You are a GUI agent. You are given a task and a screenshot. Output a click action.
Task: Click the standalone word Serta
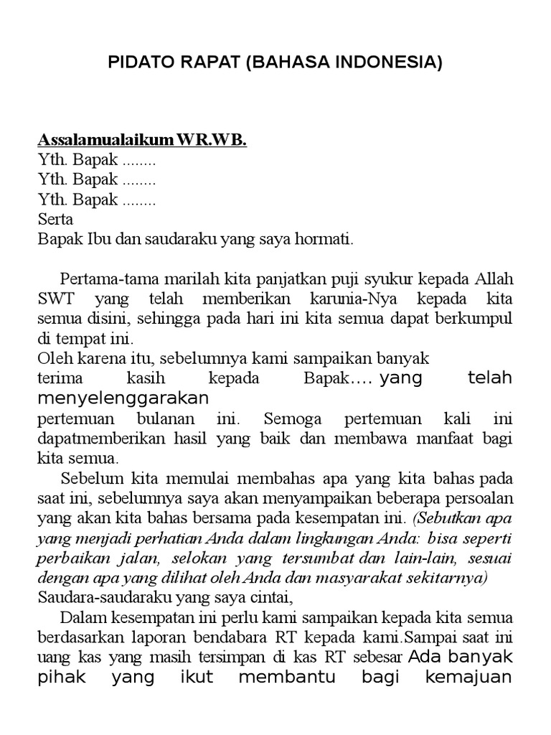[55, 218]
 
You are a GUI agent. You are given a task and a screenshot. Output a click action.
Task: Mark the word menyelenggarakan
[123, 397]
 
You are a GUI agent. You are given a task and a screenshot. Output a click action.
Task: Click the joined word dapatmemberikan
[95, 437]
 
